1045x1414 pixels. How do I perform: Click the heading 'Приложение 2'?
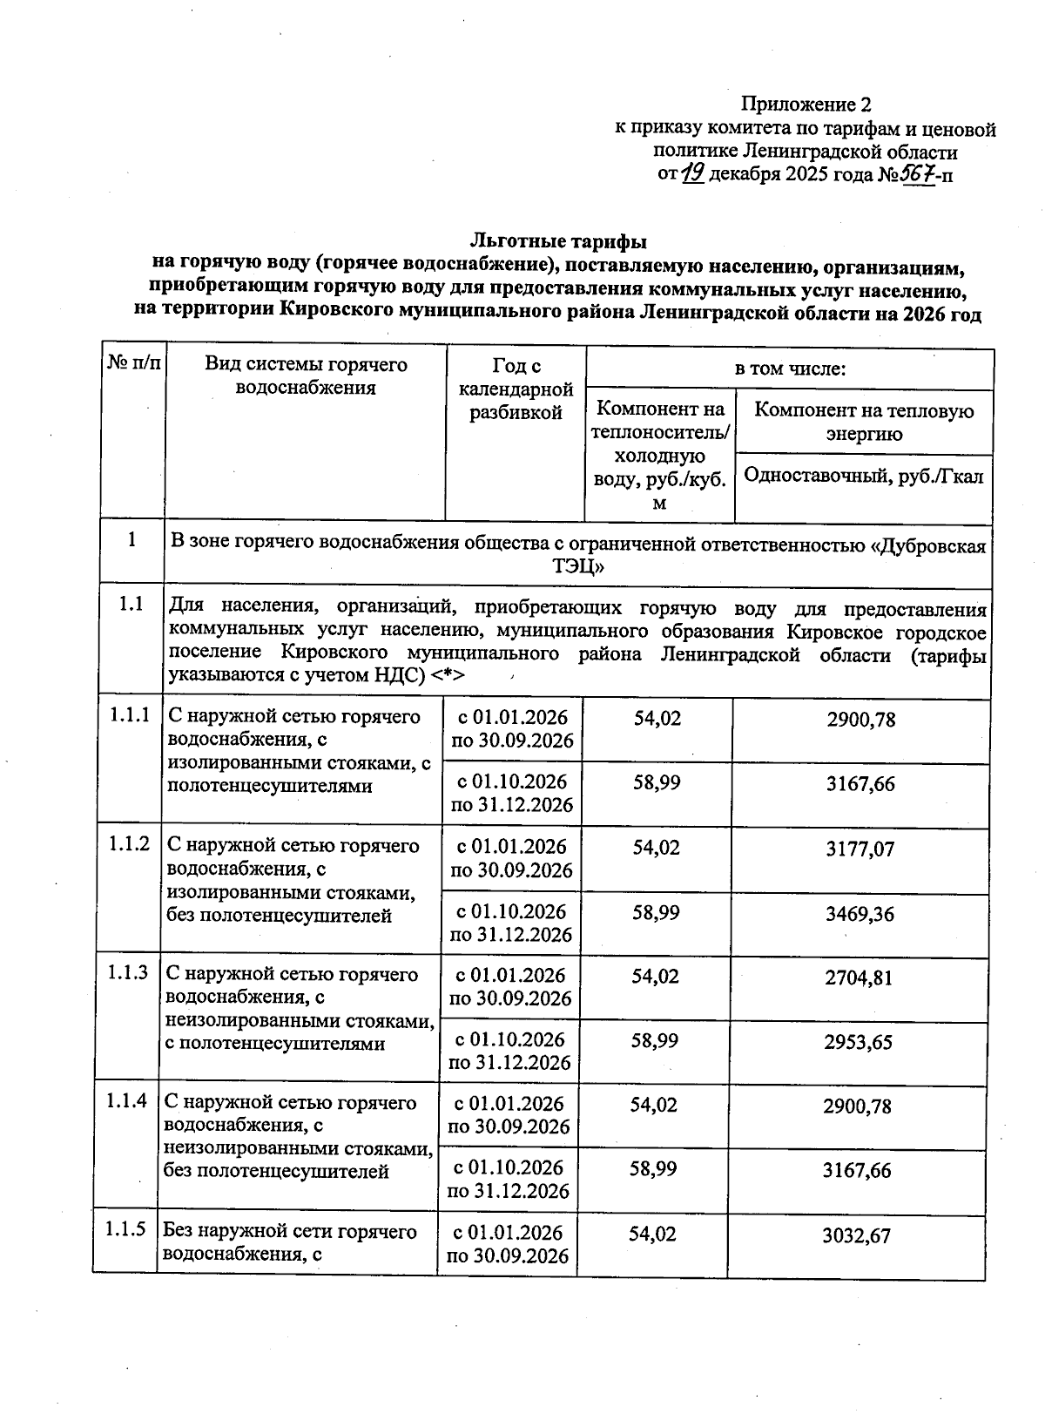(x=805, y=105)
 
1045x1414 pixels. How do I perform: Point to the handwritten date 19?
(x=693, y=174)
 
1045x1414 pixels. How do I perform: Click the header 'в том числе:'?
(x=790, y=369)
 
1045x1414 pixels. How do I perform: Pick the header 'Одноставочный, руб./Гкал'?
(x=864, y=477)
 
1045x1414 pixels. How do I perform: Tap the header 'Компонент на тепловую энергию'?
(x=864, y=422)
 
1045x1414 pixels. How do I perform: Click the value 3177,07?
(x=860, y=849)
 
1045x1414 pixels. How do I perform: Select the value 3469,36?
(x=860, y=914)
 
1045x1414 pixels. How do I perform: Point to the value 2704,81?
(x=859, y=978)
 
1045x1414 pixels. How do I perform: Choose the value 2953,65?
(x=859, y=1042)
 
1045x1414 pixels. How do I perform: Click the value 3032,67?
(x=857, y=1235)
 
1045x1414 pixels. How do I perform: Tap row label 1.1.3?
(x=128, y=972)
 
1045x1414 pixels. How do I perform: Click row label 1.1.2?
(x=129, y=843)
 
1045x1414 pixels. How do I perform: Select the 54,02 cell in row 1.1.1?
(x=657, y=719)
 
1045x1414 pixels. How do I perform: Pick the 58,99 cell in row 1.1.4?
(x=653, y=1168)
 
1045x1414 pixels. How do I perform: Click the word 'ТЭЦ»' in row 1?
(x=578, y=567)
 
